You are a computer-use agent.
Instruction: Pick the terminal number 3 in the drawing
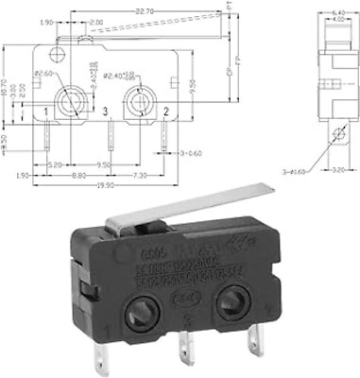coord(105,113)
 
